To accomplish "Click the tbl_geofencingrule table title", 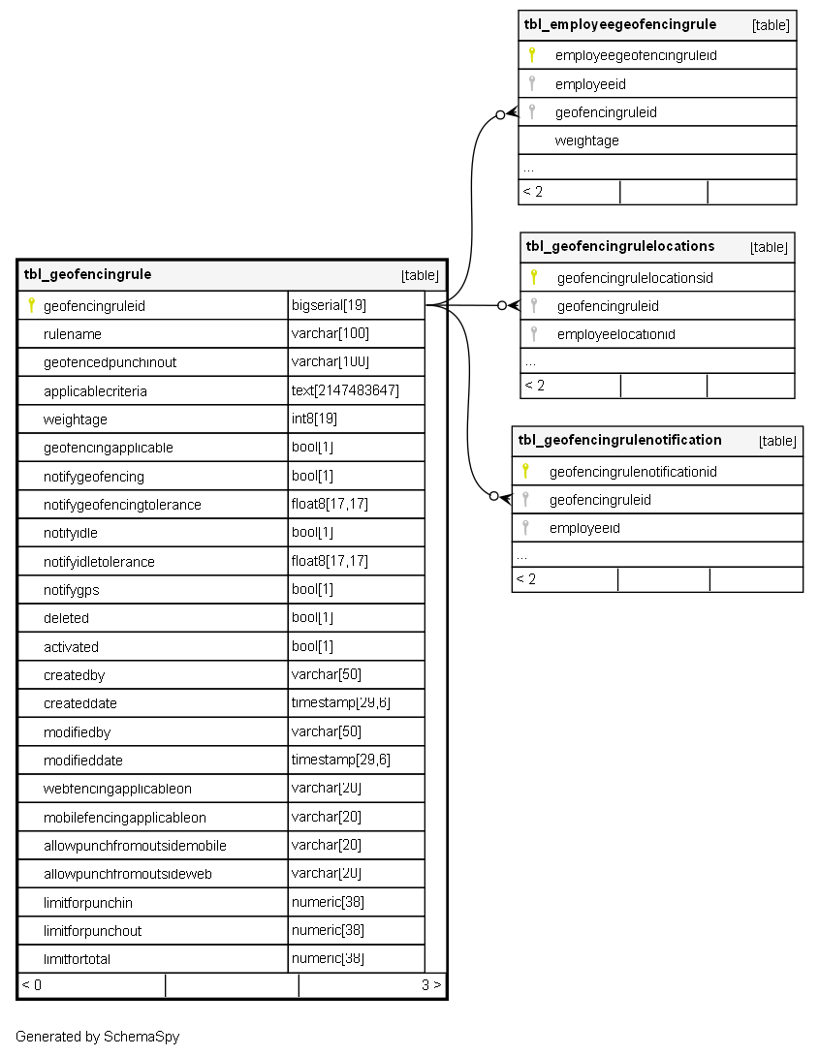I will click(87, 274).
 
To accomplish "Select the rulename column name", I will click(73, 334).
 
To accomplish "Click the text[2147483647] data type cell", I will click(345, 390).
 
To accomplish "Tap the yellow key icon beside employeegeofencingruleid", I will click(531, 55).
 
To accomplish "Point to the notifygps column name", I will click(72, 589).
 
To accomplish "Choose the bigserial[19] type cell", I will click(329, 306).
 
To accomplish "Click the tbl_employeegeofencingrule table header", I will click(620, 25).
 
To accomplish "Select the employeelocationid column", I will click(615, 334).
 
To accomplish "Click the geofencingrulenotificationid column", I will click(633, 472).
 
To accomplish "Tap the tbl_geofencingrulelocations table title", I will click(620, 246).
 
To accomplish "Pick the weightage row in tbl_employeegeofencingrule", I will click(586, 140).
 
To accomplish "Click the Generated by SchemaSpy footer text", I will click(97, 1037).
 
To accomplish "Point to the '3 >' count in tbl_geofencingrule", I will click(431, 985).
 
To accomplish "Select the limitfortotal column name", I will click(84, 959).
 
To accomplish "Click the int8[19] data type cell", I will click(314, 419).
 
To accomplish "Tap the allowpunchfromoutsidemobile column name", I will click(135, 846).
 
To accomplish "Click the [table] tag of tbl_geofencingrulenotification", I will click(777, 441).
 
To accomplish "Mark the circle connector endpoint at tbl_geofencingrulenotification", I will click(494, 496).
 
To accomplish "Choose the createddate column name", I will click(80, 703).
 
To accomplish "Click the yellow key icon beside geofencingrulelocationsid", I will click(533, 277).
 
